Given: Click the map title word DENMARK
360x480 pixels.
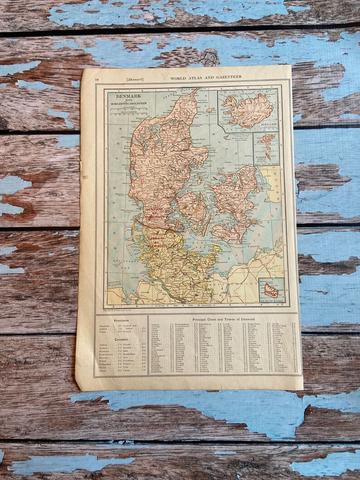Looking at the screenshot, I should [x=128, y=96].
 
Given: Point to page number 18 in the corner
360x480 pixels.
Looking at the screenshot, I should [x=97, y=80].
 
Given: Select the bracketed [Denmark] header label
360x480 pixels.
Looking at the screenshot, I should [x=135, y=79].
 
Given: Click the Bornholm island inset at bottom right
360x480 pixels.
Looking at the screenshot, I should [x=271, y=291].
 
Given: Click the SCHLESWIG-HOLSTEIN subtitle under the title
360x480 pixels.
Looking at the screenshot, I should [x=128, y=104].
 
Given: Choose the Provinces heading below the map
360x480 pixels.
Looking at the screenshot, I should [x=121, y=320].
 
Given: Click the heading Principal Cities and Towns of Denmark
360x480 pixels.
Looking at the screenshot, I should [x=224, y=320].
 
